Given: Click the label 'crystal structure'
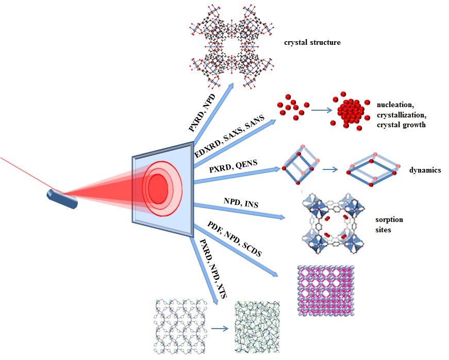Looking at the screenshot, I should pyautogui.click(x=312, y=42).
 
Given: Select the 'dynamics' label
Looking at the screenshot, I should pyautogui.click(x=425, y=170).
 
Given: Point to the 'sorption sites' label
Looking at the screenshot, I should pyautogui.click(x=390, y=225).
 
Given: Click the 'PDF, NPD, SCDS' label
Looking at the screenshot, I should pyautogui.click(x=235, y=239).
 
